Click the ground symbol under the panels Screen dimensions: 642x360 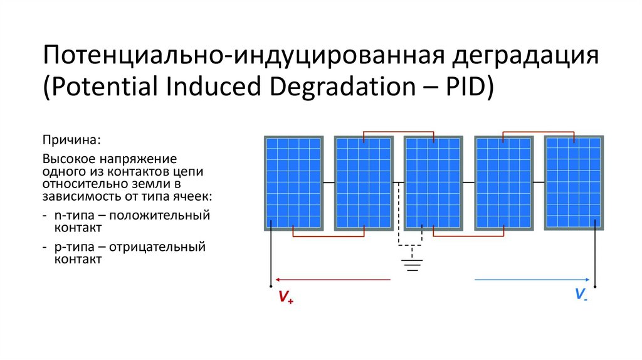(x=411, y=263)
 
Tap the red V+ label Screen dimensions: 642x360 (x=286, y=297)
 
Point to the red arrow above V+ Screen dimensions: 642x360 (x=332, y=280)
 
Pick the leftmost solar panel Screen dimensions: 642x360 (x=293, y=183)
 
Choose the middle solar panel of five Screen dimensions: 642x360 (x=433, y=183)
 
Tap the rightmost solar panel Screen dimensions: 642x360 (x=574, y=182)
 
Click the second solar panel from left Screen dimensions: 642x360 (x=363, y=183)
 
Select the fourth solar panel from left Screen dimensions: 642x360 (x=503, y=183)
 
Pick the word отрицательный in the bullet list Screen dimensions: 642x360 (x=167, y=246)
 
